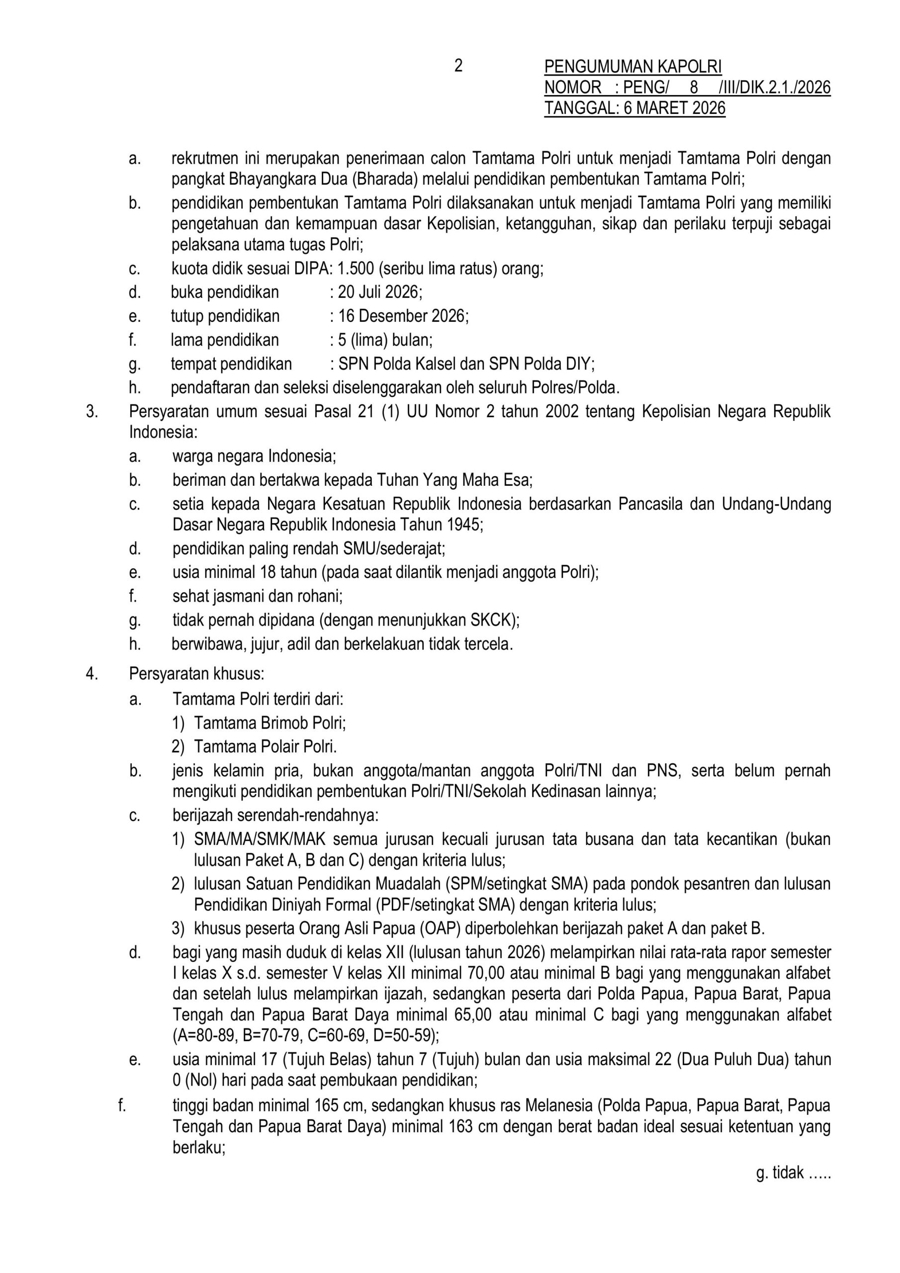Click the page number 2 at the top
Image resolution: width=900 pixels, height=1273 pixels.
point(458,66)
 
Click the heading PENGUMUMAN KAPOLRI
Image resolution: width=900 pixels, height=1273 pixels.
point(632,67)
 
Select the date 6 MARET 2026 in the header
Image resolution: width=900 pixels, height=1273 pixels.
point(674,107)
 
